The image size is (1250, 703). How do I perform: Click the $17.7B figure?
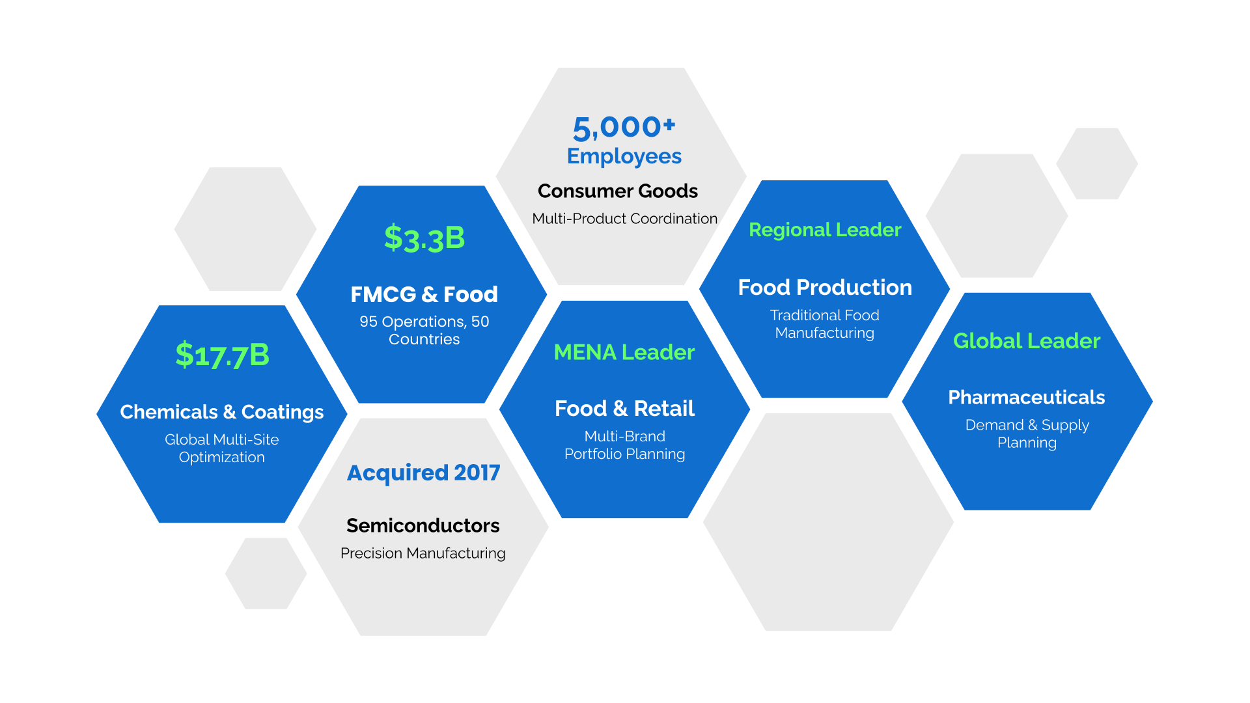click(222, 355)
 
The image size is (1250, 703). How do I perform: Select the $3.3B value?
click(424, 238)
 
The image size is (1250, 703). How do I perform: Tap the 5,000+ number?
click(624, 128)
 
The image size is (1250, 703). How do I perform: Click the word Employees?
click(624, 156)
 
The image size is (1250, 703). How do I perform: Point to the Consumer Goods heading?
click(618, 191)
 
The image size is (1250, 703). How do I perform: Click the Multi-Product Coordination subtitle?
click(625, 219)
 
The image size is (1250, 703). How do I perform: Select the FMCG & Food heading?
click(424, 294)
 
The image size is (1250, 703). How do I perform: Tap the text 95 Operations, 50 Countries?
click(424, 330)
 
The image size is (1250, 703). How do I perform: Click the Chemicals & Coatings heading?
click(222, 412)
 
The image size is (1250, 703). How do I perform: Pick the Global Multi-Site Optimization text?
click(222, 448)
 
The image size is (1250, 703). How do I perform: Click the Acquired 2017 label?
click(424, 473)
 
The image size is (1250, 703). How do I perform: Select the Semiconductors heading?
click(423, 525)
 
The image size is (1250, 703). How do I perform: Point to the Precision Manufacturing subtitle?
click(423, 553)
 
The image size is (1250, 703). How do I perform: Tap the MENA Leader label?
click(624, 352)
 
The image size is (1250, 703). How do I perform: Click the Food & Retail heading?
click(624, 408)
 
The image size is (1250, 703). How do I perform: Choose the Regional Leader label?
click(825, 230)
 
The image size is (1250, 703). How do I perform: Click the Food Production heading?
click(825, 287)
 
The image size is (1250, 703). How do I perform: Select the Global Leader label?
click(1027, 340)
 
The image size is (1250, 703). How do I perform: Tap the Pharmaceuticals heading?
click(1027, 397)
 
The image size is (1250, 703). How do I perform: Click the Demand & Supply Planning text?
click(1027, 434)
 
